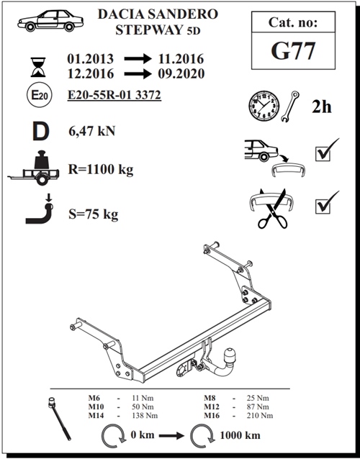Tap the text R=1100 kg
(x=100, y=171)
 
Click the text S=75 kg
(x=92, y=214)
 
